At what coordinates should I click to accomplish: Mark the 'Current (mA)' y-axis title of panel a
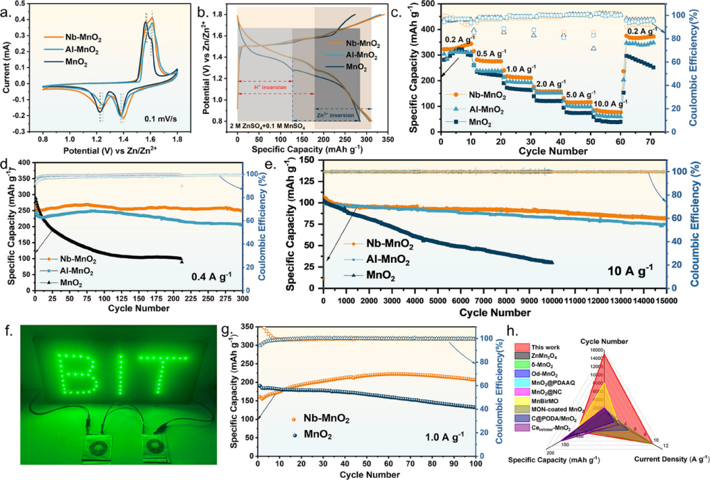tap(8, 67)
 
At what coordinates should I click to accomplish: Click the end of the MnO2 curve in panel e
tap(551, 262)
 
